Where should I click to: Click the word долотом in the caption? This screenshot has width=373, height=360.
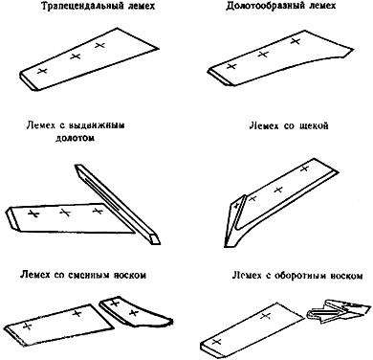click(75, 139)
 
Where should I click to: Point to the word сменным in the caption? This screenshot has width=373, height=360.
click(85, 275)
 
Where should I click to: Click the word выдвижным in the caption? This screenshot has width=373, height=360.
click(97, 125)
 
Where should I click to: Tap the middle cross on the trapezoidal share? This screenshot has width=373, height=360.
click(76, 56)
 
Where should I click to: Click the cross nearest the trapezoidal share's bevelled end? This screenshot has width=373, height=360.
click(42, 71)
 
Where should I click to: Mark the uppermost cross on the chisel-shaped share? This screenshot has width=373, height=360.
click(296, 41)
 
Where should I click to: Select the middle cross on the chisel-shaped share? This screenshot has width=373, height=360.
click(263, 55)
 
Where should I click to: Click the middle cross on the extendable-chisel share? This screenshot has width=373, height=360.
click(65, 213)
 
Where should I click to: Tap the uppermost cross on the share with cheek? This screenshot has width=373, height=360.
click(305, 169)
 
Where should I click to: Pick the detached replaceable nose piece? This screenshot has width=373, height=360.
click(134, 311)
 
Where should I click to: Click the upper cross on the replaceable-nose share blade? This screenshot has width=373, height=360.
click(77, 313)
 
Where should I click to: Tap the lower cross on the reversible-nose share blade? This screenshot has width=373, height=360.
click(217, 342)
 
